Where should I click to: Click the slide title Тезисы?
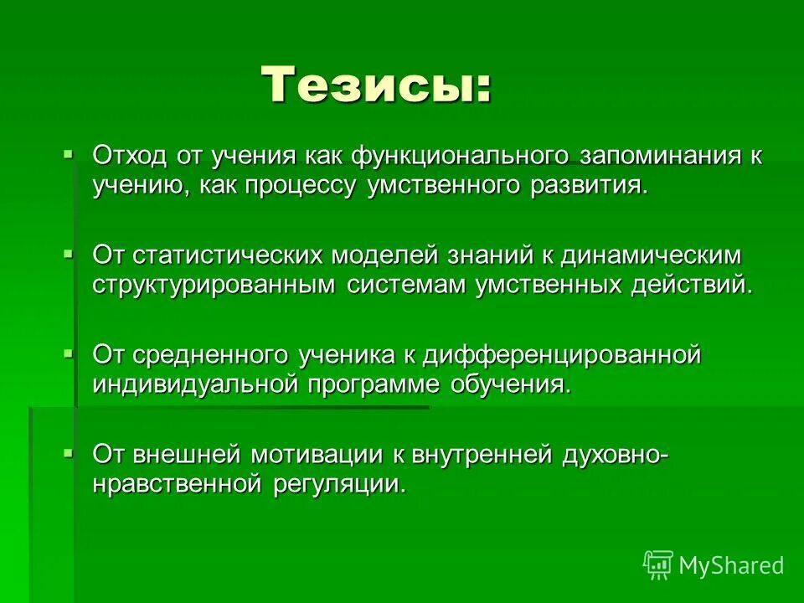pos(376,84)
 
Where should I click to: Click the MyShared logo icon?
pos(658,565)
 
